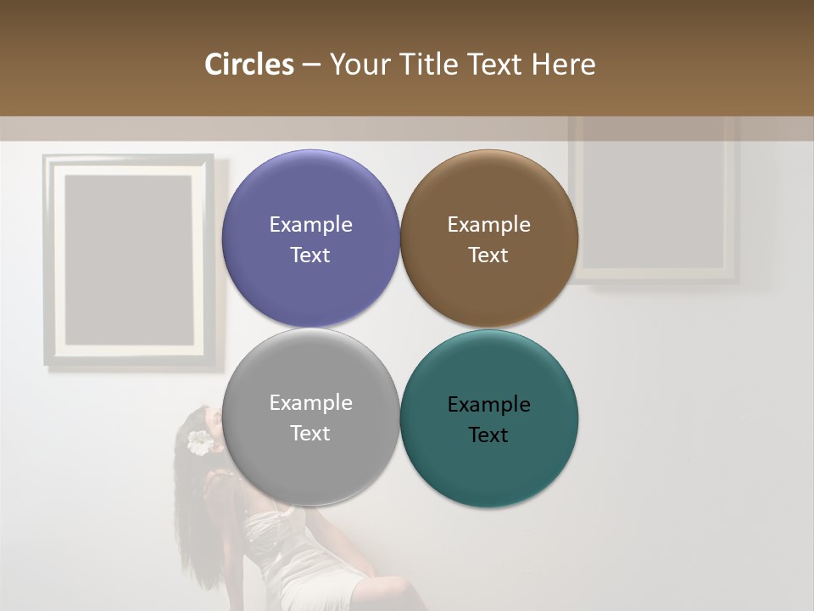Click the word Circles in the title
248,64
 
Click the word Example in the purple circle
310,225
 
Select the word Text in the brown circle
488,255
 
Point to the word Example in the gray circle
310,403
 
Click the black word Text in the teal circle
488,435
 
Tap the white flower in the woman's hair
200,442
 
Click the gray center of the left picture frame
128,259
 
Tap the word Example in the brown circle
488,225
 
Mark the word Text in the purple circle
310,255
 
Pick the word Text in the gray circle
310,434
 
